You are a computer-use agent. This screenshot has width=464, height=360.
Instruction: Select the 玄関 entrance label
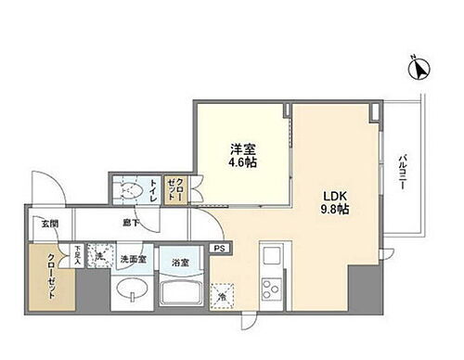pyautogui.click(x=49, y=224)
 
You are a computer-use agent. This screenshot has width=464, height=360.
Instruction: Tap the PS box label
pyautogui.click(x=219, y=249)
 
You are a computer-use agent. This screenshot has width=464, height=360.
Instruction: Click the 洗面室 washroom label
pyautogui.click(x=129, y=260)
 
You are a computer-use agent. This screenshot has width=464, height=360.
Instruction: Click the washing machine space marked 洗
pyautogui.click(x=99, y=256)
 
